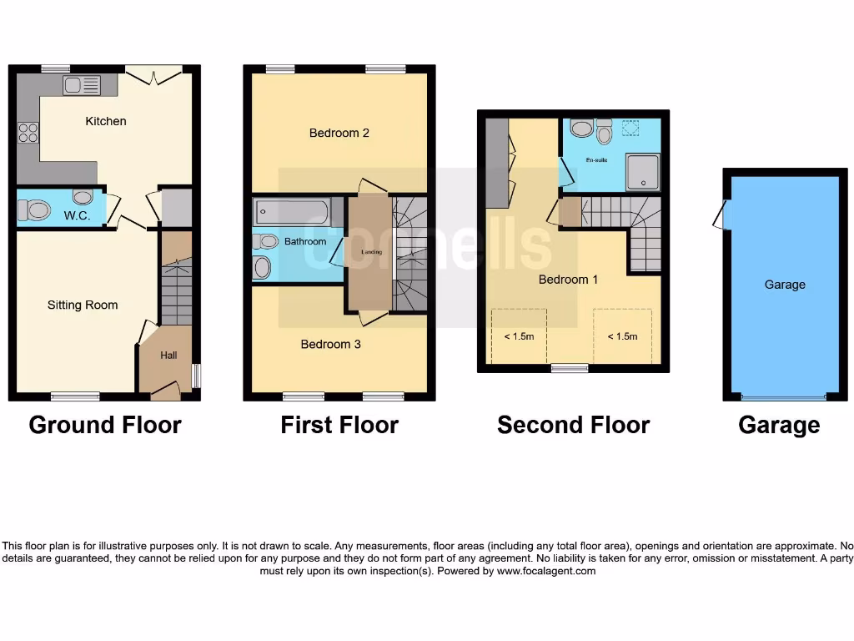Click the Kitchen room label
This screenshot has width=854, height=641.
(106, 121)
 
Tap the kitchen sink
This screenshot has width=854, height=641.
(82, 85)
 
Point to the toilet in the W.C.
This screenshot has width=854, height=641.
(34, 210)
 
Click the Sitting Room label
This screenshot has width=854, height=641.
(83, 305)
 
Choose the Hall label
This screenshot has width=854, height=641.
(168, 356)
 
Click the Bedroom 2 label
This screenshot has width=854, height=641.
(339, 133)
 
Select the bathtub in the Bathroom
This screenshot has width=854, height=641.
(297, 212)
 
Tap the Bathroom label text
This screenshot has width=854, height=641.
(305, 241)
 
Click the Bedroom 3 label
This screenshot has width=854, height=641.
(330, 344)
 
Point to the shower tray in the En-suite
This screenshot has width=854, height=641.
(642, 172)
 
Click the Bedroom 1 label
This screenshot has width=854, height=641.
(568, 280)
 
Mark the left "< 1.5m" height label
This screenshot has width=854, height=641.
(519, 336)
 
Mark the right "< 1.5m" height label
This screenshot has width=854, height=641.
(622, 336)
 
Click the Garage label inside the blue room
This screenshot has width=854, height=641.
(785, 285)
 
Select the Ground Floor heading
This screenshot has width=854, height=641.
(105, 425)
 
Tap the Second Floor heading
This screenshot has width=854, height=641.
(573, 425)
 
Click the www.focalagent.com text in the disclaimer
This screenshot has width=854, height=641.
(547, 572)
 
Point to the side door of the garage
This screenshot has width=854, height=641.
(721, 215)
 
